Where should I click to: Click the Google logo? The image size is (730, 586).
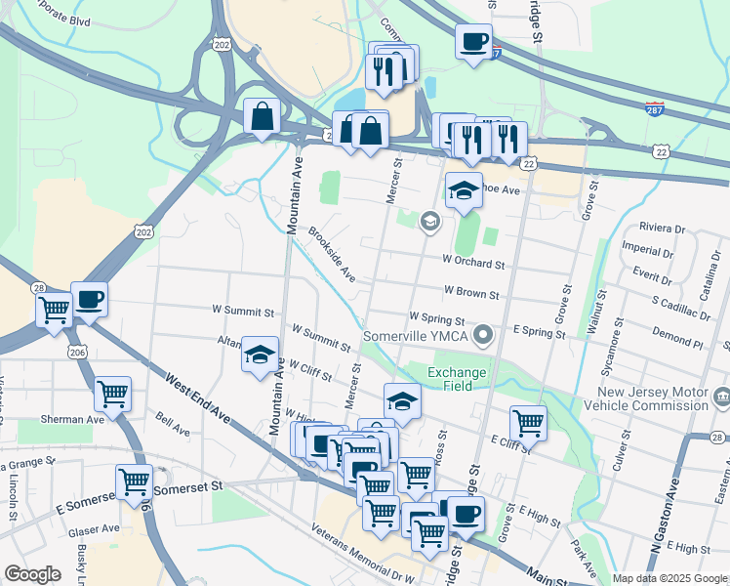tap(32, 574)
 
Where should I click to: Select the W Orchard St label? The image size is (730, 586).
tap(472, 263)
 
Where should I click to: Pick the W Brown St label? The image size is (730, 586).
tap(470, 292)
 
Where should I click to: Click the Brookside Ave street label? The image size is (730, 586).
tap(333, 255)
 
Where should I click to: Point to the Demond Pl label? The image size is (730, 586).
tap(677, 344)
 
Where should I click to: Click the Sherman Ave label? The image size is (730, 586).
tap(73, 419)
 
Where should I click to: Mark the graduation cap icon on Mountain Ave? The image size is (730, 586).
tap(261, 355)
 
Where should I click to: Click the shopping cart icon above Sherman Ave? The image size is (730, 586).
tap(113, 395)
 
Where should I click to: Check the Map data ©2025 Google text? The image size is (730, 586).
tap(669, 578)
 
